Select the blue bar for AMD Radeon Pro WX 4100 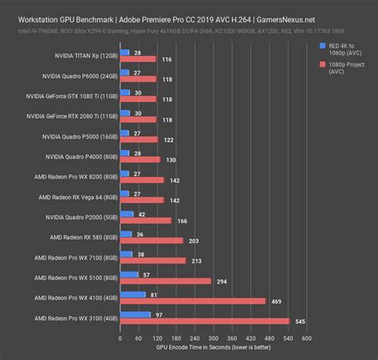pos(132,295)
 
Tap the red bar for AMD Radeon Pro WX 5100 pos(164,281)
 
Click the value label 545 pos(301,321)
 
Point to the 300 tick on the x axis pos(212,338)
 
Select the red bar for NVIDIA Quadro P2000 pos(144,221)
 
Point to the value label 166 pos(183,221)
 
